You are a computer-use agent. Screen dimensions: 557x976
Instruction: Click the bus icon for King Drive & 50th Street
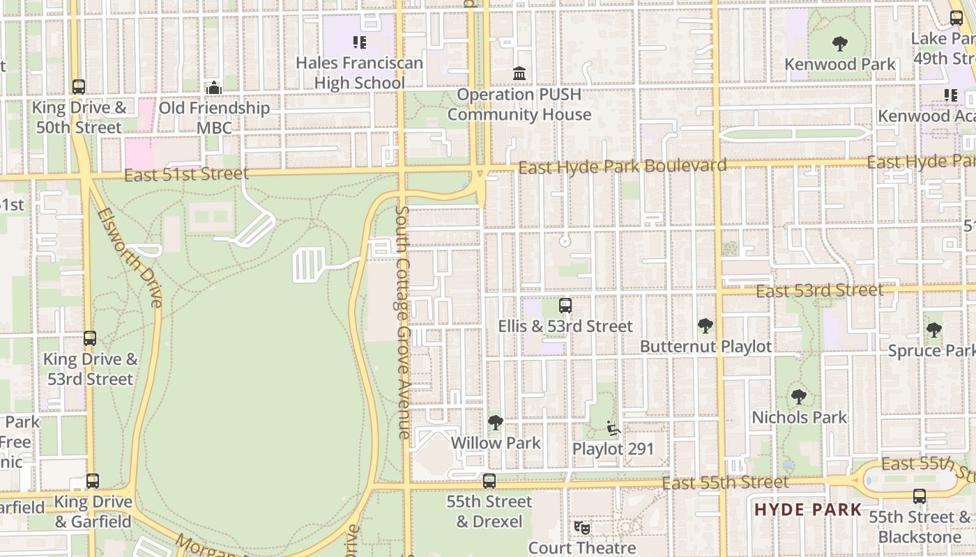79,87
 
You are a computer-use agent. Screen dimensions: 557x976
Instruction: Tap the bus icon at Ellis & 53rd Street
565,306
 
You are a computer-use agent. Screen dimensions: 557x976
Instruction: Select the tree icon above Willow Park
496,422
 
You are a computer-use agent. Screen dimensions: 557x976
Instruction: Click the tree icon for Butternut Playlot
706,325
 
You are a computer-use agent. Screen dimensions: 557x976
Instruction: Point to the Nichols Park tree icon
799,397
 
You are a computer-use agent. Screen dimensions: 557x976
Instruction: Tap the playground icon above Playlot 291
613,427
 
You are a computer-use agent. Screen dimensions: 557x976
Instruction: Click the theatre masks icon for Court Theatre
582,528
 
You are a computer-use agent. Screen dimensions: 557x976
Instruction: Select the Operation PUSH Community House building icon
519,73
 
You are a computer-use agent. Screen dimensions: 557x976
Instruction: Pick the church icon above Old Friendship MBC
214,88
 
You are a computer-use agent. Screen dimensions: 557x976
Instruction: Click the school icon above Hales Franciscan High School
360,42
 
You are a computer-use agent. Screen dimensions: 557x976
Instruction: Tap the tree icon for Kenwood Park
840,44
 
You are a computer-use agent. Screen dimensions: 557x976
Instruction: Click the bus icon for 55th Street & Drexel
489,480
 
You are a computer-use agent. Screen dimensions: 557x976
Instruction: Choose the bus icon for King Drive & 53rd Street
90,338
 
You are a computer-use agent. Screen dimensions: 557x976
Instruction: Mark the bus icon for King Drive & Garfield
93,481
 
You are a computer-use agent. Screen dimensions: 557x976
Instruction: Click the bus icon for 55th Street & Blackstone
920,496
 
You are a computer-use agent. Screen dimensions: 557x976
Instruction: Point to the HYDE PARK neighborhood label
808,510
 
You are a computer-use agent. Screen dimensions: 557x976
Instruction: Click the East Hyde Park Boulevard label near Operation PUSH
623,166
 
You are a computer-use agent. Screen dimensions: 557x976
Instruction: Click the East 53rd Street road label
820,291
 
